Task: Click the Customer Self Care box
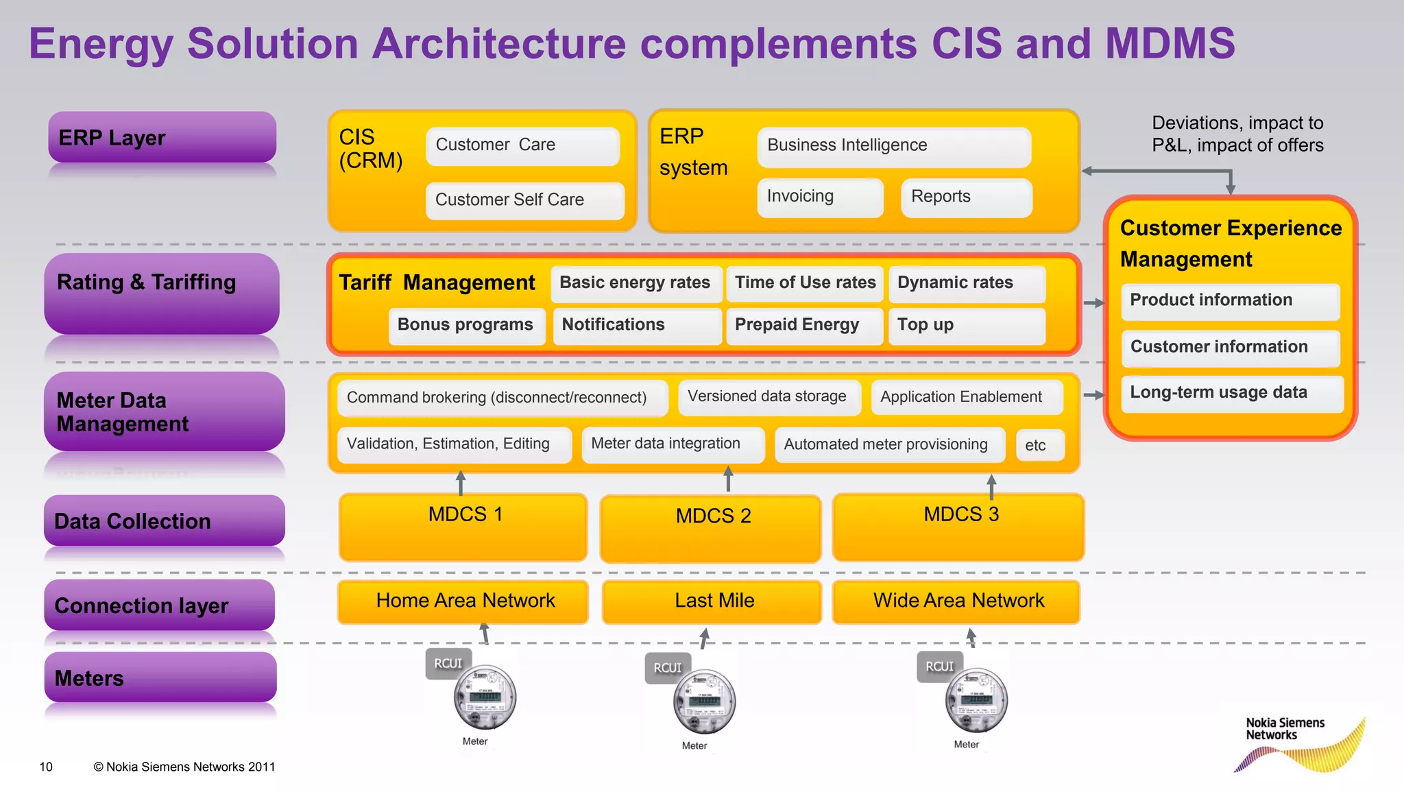pos(524,200)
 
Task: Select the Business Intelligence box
pos(893,146)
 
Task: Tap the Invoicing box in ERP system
pos(819,197)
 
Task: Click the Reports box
pos(966,197)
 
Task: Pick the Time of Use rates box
pos(805,283)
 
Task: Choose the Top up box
pos(967,325)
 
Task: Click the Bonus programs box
pos(466,325)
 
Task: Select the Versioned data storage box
pos(768,397)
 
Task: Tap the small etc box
pos(1039,445)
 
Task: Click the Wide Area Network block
pos(956,601)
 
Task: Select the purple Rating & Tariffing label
pos(162,294)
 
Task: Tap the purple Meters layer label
pos(160,678)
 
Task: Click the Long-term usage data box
pos(1231,393)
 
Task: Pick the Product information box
pos(1230,301)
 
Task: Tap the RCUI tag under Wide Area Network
pos(939,667)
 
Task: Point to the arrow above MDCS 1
pos(461,482)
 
